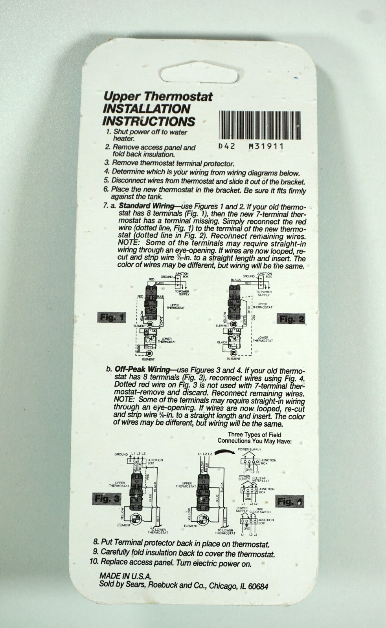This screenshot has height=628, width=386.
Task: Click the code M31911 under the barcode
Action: coord(266,146)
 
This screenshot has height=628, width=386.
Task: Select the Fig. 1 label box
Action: coord(111,317)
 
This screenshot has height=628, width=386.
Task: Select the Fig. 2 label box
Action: coord(292,319)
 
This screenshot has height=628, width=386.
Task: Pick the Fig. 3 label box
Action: coord(107,499)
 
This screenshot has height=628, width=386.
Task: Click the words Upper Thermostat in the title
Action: coord(158,96)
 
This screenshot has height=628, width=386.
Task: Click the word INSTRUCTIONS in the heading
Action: coord(149,121)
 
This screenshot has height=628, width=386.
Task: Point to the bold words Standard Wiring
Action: coord(146,206)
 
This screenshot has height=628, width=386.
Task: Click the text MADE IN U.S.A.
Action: coord(125,576)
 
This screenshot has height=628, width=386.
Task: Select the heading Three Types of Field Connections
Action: coord(254,438)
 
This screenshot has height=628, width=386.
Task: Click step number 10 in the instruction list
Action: coord(94,562)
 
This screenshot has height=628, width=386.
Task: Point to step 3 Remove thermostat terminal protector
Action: coord(169,163)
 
